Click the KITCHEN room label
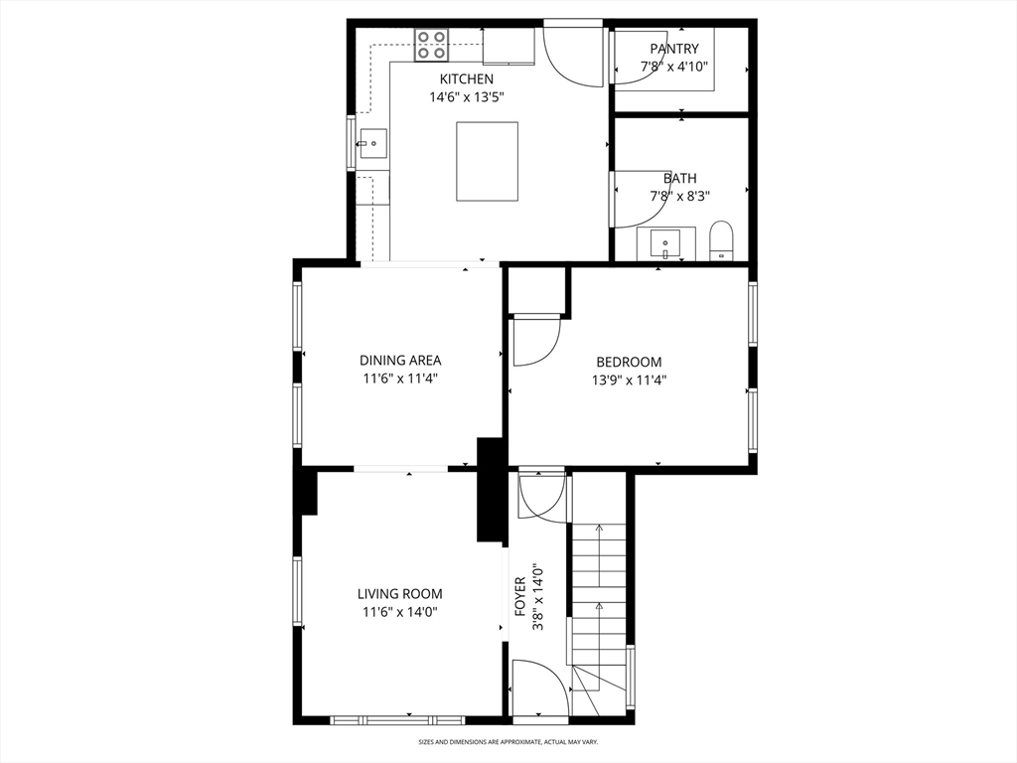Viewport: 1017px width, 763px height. pyautogui.click(x=467, y=79)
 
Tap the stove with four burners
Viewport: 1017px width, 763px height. pyautogui.click(x=431, y=45)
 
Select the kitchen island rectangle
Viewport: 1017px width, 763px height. pyautogui.click(x=487, y=161)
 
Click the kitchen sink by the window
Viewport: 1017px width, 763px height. pyautogui.click(x=371, y=143)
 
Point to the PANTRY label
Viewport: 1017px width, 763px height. pyautogui.click(x=674, y=49)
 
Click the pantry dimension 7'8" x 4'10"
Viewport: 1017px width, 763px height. pyautogui.click(x=674, y=67)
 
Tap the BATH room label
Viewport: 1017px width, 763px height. pyautogui.click(x=679, y=179)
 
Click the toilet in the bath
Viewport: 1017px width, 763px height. pyautogui.click(x=721, y=240)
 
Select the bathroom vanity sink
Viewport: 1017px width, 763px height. pyautogui.click(x=665, y=244)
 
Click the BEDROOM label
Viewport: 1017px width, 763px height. pyautogui.click(x=629, y=362)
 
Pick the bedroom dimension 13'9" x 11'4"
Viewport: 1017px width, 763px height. pyautogui.click(x=629, y=381)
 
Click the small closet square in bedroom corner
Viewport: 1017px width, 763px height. pyautogui.click(x=535, y=291)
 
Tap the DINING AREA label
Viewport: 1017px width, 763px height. pyautogui.click(x=400, y=360)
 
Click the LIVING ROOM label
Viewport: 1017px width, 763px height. pyautogui.click(x=400, y=594)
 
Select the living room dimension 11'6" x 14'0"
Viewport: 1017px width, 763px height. pyautogui.click(x=400, y=612)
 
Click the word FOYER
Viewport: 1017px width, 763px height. pyautogui.click(x=519, y=596)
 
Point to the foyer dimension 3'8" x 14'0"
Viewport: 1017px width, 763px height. pyautogui.click(x=537, y=597)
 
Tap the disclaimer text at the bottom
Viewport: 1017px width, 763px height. pyautogui.click(x=508, y=741)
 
